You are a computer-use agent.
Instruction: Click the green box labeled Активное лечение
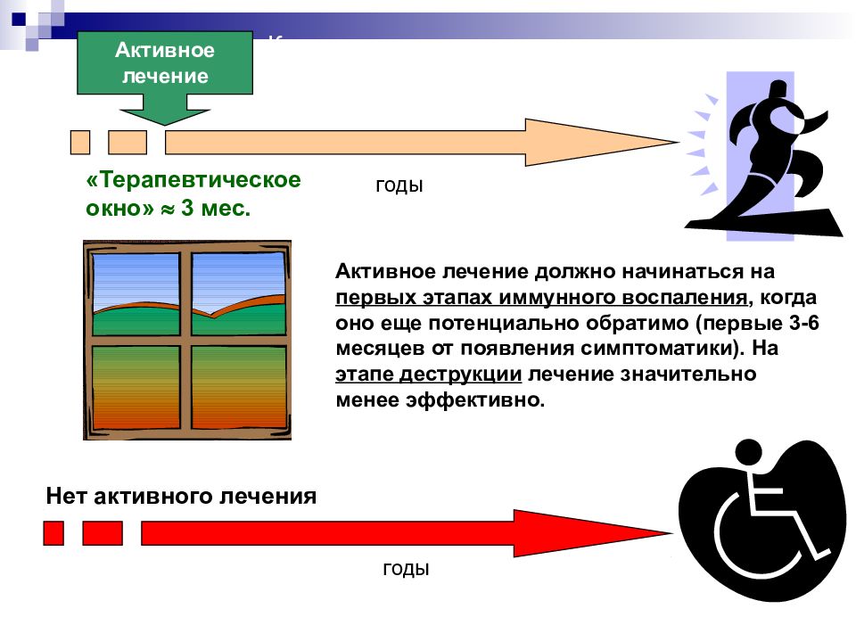click(x=165, y=62)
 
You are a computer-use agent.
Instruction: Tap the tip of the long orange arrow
click(x=679, y=142)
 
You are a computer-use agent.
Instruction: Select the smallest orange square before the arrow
click(x=80, y=142)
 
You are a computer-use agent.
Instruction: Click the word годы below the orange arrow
click(x=399, y=185)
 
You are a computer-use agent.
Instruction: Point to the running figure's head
click(x=778, y=90)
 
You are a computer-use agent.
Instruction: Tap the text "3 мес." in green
click(x=216, y=208)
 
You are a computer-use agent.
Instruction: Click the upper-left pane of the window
click(x=136, y=293)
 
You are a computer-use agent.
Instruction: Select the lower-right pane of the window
click(x=239, y=386)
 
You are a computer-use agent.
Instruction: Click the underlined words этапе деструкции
click(x=429, y=374)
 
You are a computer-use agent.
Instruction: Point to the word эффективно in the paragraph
click(x=474, y=400)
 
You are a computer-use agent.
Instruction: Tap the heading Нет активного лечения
click(x=181, y=497)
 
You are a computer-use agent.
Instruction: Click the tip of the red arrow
click(x=672, y=533)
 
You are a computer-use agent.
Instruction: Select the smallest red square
click(x=53, y=533)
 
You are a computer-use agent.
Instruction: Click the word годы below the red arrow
click(x=407, y=569)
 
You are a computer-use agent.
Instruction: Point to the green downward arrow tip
click(x=164, y=125)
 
